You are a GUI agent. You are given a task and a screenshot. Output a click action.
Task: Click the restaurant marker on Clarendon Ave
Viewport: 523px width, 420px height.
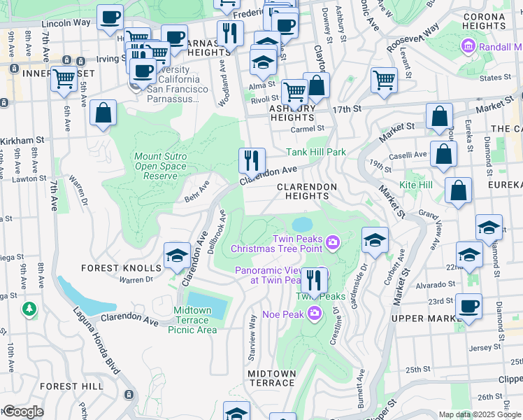tap(252, 160)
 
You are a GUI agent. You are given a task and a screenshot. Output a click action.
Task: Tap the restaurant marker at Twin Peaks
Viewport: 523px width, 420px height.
tap(314, 281)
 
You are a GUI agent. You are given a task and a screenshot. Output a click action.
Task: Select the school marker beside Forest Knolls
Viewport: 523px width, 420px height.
tap(178, 256)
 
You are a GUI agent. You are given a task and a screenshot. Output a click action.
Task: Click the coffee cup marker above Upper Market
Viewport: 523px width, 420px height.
tap(468, 306)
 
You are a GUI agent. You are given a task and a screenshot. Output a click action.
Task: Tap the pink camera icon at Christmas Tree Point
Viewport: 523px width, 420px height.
tap(332, 243)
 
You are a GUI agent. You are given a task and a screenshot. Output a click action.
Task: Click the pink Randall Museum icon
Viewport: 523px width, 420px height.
tap(468, 47)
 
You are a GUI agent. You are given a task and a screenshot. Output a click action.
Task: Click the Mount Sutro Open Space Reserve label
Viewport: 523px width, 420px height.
tap(161, 166)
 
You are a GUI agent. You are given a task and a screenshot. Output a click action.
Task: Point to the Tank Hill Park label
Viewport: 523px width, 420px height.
tap(316, 152)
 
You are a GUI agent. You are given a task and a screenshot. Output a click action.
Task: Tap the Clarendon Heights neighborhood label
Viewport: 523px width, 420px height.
tap(307, 192)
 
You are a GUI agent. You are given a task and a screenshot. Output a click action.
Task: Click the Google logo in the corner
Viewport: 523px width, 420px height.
tap(22, 412)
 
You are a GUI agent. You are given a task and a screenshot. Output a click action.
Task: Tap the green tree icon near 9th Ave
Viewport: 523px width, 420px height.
tap(29, 309)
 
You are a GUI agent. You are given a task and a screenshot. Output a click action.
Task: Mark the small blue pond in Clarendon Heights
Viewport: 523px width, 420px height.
tap(302, 224)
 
